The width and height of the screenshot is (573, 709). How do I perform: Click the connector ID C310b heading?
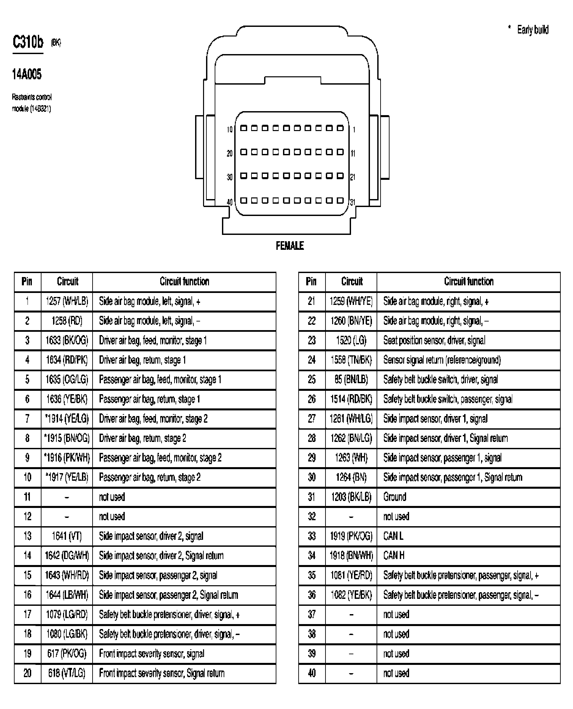pos(28,42)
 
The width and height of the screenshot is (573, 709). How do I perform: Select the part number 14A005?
pos(27,74)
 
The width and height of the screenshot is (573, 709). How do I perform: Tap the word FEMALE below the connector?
pos(290,246)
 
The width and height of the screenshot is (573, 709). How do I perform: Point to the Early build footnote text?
pos(533,30)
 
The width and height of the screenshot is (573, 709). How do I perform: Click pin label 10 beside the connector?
pos(230,129)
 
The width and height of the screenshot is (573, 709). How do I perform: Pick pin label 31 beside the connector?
pos(353,202)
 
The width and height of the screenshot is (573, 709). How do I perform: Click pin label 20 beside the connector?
pos(230,154)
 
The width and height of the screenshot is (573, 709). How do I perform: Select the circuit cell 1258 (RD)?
pos(67,321)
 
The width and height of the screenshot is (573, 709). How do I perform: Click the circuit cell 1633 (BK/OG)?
pos(67,340)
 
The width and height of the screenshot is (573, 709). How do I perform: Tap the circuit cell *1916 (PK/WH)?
pos(67,458)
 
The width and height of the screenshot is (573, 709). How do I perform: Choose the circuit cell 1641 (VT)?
pos(67,536)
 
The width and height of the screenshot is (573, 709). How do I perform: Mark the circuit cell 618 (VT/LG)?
pos(67,673)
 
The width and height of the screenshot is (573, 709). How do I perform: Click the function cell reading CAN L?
pos(393,536)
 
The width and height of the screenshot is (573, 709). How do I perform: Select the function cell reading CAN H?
pos(394,556)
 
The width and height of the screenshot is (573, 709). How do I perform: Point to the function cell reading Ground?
pos(394,497)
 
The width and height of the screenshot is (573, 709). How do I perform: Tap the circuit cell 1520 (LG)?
pos(351,340)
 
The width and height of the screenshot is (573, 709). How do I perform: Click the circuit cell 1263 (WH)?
pos(351,458)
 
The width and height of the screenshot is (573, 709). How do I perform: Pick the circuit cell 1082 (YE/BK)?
pos(351,595)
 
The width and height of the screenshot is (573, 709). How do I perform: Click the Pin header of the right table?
pos(311,282)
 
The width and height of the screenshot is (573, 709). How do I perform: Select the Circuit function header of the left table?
pos(184,282)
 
